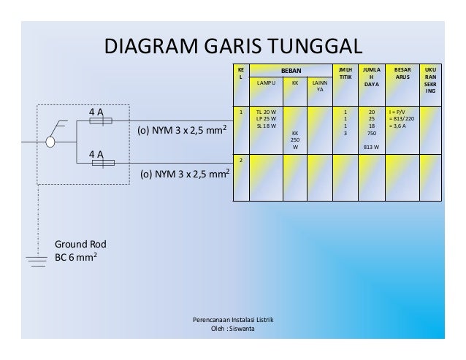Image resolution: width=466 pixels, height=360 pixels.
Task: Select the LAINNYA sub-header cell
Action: [x=319, y=87]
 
